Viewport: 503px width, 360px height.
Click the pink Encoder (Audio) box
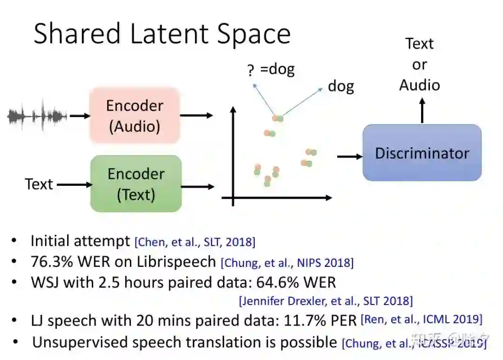[135, 115]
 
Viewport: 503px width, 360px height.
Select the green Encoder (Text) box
[136, 183]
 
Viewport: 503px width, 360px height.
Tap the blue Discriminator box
[422, 153]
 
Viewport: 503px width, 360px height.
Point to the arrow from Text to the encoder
[75, 185]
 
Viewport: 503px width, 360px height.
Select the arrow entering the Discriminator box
[349, 156]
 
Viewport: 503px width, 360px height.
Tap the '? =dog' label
[271, 70]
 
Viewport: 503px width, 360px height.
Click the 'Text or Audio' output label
[420, 64]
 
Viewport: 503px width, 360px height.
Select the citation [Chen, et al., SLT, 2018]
[195, 242]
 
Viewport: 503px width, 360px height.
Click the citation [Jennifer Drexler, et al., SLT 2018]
[326, 301]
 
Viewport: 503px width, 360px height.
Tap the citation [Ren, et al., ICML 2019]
[421, 319]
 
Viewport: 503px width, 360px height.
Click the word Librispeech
[176, 262]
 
